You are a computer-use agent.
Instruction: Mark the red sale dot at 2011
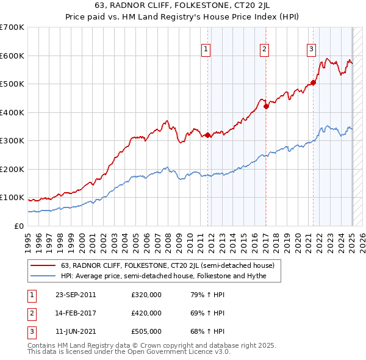click(x=208, y=135)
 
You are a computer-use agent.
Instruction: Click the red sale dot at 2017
click(x=267, y=106)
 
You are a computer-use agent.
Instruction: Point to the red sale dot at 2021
click(x=313, y=82)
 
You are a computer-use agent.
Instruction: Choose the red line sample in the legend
click(x=43, y=265)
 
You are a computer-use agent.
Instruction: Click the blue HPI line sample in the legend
click(x=43, y=276)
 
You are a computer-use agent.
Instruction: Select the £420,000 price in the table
click(x=146, y=313)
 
